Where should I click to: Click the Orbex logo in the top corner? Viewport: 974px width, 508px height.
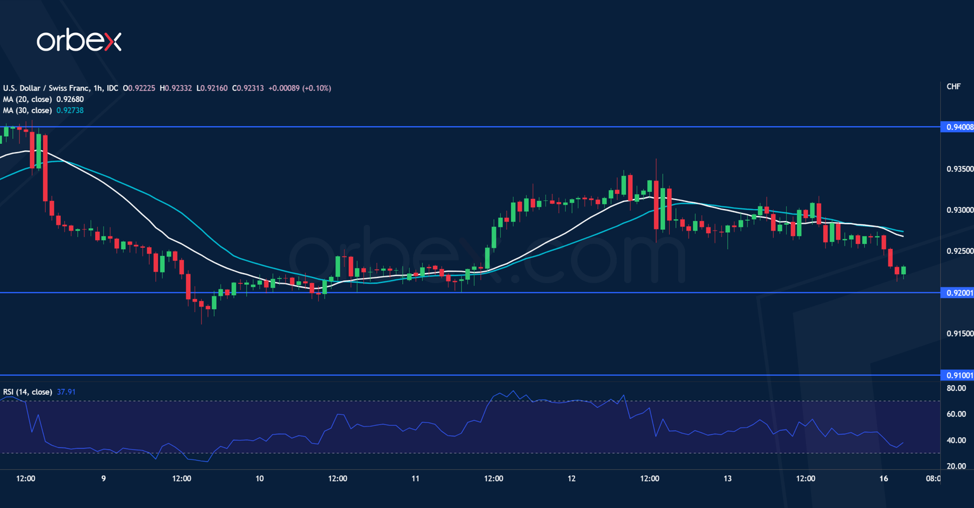tap(79, 41)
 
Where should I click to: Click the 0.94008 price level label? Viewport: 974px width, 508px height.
tap(959, 127)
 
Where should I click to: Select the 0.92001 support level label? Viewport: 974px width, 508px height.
tap(959, 293)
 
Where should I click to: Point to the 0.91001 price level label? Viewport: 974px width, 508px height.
tap(959, 375)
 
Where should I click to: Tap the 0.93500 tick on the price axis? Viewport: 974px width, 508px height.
tap(959, 169)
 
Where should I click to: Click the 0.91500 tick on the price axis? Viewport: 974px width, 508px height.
tap(959, 334)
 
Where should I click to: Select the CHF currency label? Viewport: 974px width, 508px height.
tap(953, 87)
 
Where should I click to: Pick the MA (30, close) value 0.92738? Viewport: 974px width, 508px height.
tap(70, 111)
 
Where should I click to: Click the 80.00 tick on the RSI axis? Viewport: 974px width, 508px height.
tap(956, 388)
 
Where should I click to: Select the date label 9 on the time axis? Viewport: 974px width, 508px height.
tap(103, 479)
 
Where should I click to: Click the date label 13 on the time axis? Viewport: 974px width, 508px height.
tap(727, 479)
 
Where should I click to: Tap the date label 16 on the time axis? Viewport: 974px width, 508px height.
tap(884, 479)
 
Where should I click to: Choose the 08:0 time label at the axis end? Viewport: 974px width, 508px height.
tap(933, 479)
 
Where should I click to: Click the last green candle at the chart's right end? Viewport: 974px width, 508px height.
tap(904, 270)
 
